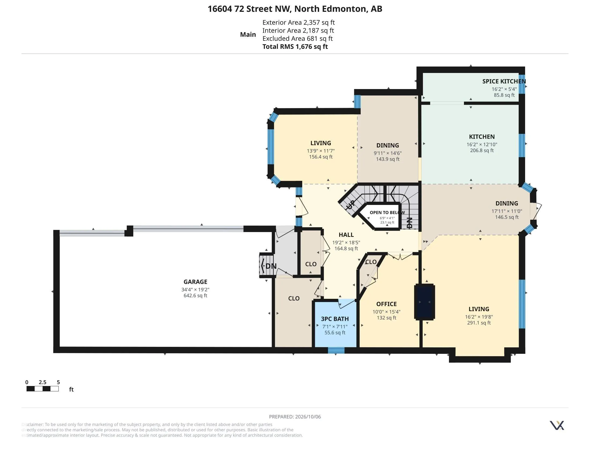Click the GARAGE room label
tap(195, 282)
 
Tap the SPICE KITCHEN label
tap(504, 81)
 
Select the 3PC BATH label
tap(335, 319)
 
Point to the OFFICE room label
tap(386, 304)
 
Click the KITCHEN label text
tap(482, 137)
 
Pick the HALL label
tap(346, 235)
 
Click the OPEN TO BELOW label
tap(387, 213)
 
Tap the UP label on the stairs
tap(351, 204)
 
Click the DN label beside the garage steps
tap(271, 266)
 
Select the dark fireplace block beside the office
tap(425, 302)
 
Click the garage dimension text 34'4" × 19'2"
tap(195, 290)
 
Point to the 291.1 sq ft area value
tap(479, 323)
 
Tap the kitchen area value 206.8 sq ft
tap(482, 150)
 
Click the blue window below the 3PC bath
tap(336, 350)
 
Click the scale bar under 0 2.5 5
tap(42, 389)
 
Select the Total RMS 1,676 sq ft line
tap(295, 46)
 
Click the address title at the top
tap(295, 9)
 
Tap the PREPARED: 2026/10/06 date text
tap(295, 417)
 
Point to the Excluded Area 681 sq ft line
tap(297, 38)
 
